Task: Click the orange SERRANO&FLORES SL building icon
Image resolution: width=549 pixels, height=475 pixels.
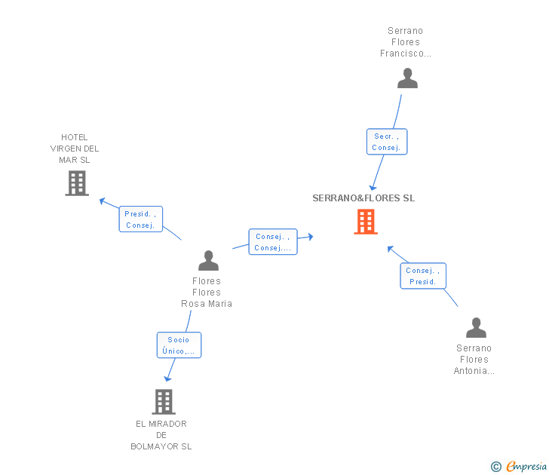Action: tap(366, 222)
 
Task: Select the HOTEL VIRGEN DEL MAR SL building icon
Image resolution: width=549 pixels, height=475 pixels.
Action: tap(77, 182)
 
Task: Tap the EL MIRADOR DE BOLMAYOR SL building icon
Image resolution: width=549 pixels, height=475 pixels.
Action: tap(164, 402)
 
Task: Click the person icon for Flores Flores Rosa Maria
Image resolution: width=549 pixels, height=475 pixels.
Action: tap(208, 260)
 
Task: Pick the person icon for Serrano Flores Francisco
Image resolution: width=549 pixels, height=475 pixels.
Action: tap(407, 78)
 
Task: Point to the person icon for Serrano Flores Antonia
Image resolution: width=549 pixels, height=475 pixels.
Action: tap(476, 327)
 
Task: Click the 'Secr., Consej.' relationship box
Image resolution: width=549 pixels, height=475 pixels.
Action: tap(387, 142)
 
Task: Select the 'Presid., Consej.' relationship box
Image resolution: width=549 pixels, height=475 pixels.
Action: tap(141, 219)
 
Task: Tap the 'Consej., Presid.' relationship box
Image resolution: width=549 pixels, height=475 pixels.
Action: tap(423, 276)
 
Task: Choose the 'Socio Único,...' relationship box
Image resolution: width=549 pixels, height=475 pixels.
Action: tap(179, 345)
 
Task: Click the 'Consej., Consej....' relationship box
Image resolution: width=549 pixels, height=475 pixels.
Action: tap(273, 242)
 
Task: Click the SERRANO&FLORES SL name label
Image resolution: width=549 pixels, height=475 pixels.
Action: tap(363, 198)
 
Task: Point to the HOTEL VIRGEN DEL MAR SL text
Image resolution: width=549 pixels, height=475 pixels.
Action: tap(74, 149)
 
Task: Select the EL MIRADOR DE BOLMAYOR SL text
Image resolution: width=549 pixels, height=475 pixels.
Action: tap(161, 435)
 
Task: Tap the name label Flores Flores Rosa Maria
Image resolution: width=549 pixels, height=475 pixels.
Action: tap(207, 293)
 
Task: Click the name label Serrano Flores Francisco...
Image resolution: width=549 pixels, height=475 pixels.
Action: tap(406, 42)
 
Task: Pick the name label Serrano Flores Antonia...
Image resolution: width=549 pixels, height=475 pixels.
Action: tap(474, 360)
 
